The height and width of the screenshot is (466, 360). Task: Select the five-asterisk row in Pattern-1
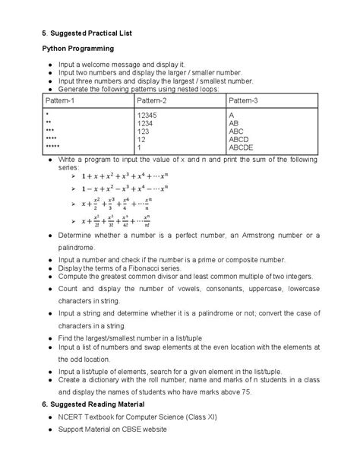click(52, 147)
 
